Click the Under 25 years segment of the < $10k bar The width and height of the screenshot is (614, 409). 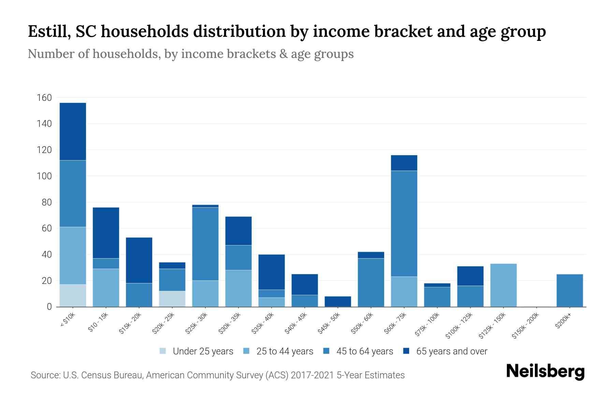(73, 296)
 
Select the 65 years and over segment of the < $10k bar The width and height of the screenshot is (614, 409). (73, 132)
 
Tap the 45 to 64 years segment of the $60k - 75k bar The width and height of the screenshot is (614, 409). (404, 224)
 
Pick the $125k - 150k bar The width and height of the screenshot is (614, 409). (503, 285)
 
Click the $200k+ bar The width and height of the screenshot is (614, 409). (569, 290)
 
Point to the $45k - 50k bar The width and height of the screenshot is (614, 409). (338, 302)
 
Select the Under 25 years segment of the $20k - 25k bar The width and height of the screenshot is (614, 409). (172, 299)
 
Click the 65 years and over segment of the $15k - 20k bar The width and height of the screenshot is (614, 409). (139, 260)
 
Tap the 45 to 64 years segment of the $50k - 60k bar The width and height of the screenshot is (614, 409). (371, 283)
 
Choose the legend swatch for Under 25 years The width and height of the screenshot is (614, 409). (163, 351)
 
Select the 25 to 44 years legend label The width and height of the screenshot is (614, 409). (284, 351)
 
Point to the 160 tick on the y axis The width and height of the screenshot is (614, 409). (44, 98)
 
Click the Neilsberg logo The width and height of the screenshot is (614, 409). (545, 372)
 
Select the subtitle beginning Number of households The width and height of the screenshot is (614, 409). (190, 54)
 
